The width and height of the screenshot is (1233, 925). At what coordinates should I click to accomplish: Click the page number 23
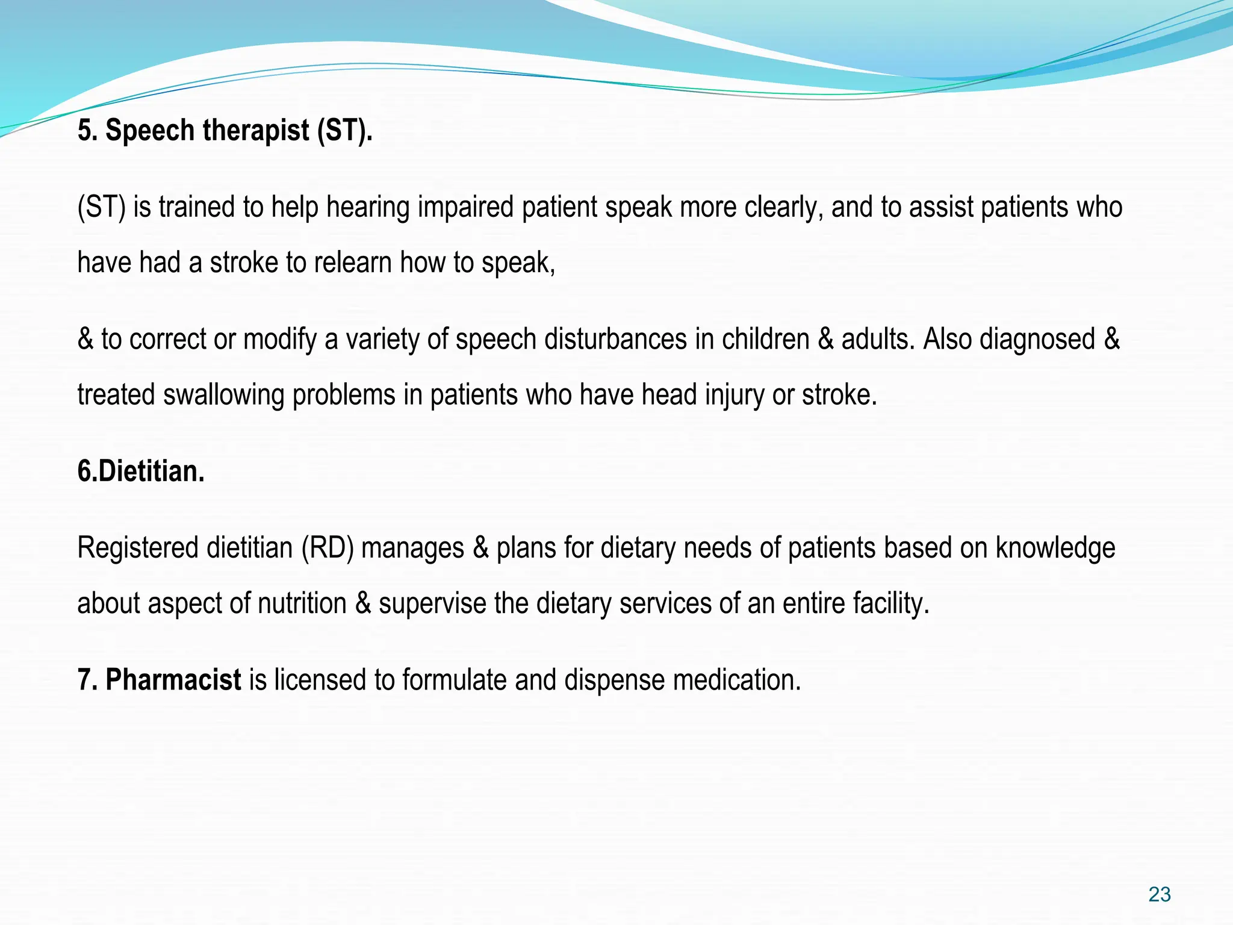[x=1159, y=894]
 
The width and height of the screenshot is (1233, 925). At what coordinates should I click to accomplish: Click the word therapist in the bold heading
[x=256, y=131]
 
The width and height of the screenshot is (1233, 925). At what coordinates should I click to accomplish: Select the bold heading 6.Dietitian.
[x=141, y=471]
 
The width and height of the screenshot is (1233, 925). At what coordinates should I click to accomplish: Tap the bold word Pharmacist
[x=173, y=680]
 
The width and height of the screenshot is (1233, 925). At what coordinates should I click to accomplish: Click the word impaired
[x=466, y=208]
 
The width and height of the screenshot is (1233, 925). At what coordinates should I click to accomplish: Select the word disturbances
[x=615, y=339]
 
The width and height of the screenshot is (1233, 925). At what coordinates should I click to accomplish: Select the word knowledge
[x=1055, y=548]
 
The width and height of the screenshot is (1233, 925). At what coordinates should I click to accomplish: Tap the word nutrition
[x=302, y=603]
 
